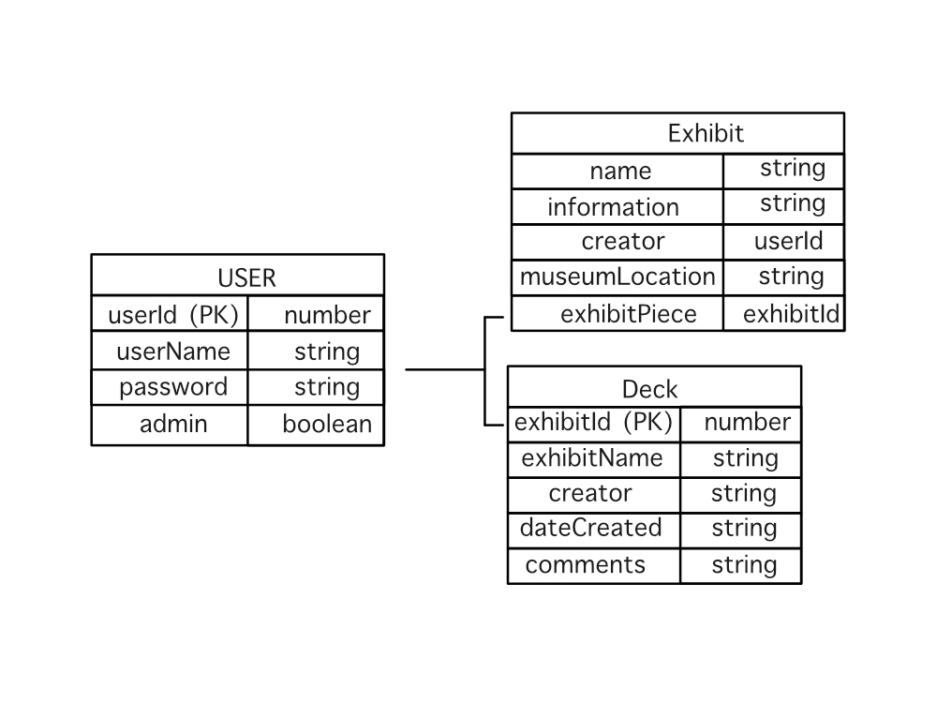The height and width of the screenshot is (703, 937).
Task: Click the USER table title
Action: pyautogui.click(x=246, y=277)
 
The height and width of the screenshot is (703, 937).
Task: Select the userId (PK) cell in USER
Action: pyautogui.click(x=173, y=315)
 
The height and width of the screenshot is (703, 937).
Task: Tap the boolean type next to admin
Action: pyautogui.click(x=327, y=424)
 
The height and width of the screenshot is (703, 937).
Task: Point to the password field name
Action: pyautogui.click(x=173, y=387)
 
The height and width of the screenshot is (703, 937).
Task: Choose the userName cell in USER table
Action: pyautogui.click(x=173, y=351)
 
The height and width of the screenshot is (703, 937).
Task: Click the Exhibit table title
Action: pyautogui.click(x=706, y=133)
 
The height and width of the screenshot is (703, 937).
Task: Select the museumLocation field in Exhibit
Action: pyautogui.click(x=617, y=277)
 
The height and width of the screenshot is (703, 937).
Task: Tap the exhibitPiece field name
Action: pyautogui.click(x=628, y=313)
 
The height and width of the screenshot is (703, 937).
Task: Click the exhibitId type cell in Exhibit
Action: pyautogui.click(x=791, y=313)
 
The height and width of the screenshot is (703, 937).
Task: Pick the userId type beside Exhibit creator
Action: pyautogui.click(x=788, y=241)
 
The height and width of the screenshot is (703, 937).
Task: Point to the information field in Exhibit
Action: pyautogui.click(x=613, y=206)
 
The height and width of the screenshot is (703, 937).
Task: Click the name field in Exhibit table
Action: pyautogui.click(x=620, y=171)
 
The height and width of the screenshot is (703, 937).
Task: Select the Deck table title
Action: pyautogui.click(x=649, y=388)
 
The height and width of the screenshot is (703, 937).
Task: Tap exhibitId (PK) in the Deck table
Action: pyautogui.click(x=594, y=423)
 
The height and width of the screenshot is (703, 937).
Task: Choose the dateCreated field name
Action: pyautogui.click(x=590, y=528)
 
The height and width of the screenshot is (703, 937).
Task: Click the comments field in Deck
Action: pyautogui.click(x=586, y=564)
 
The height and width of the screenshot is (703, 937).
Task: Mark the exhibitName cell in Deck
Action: pyautogui.click(x=592, y=458)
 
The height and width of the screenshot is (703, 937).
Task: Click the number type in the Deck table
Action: pyautogui.click(x=747, y=423)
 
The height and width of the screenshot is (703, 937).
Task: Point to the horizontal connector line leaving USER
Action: pyautogui.click(x=444, y=369)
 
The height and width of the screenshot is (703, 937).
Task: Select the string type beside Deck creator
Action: pyautogui.click(x=744, y=493)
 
